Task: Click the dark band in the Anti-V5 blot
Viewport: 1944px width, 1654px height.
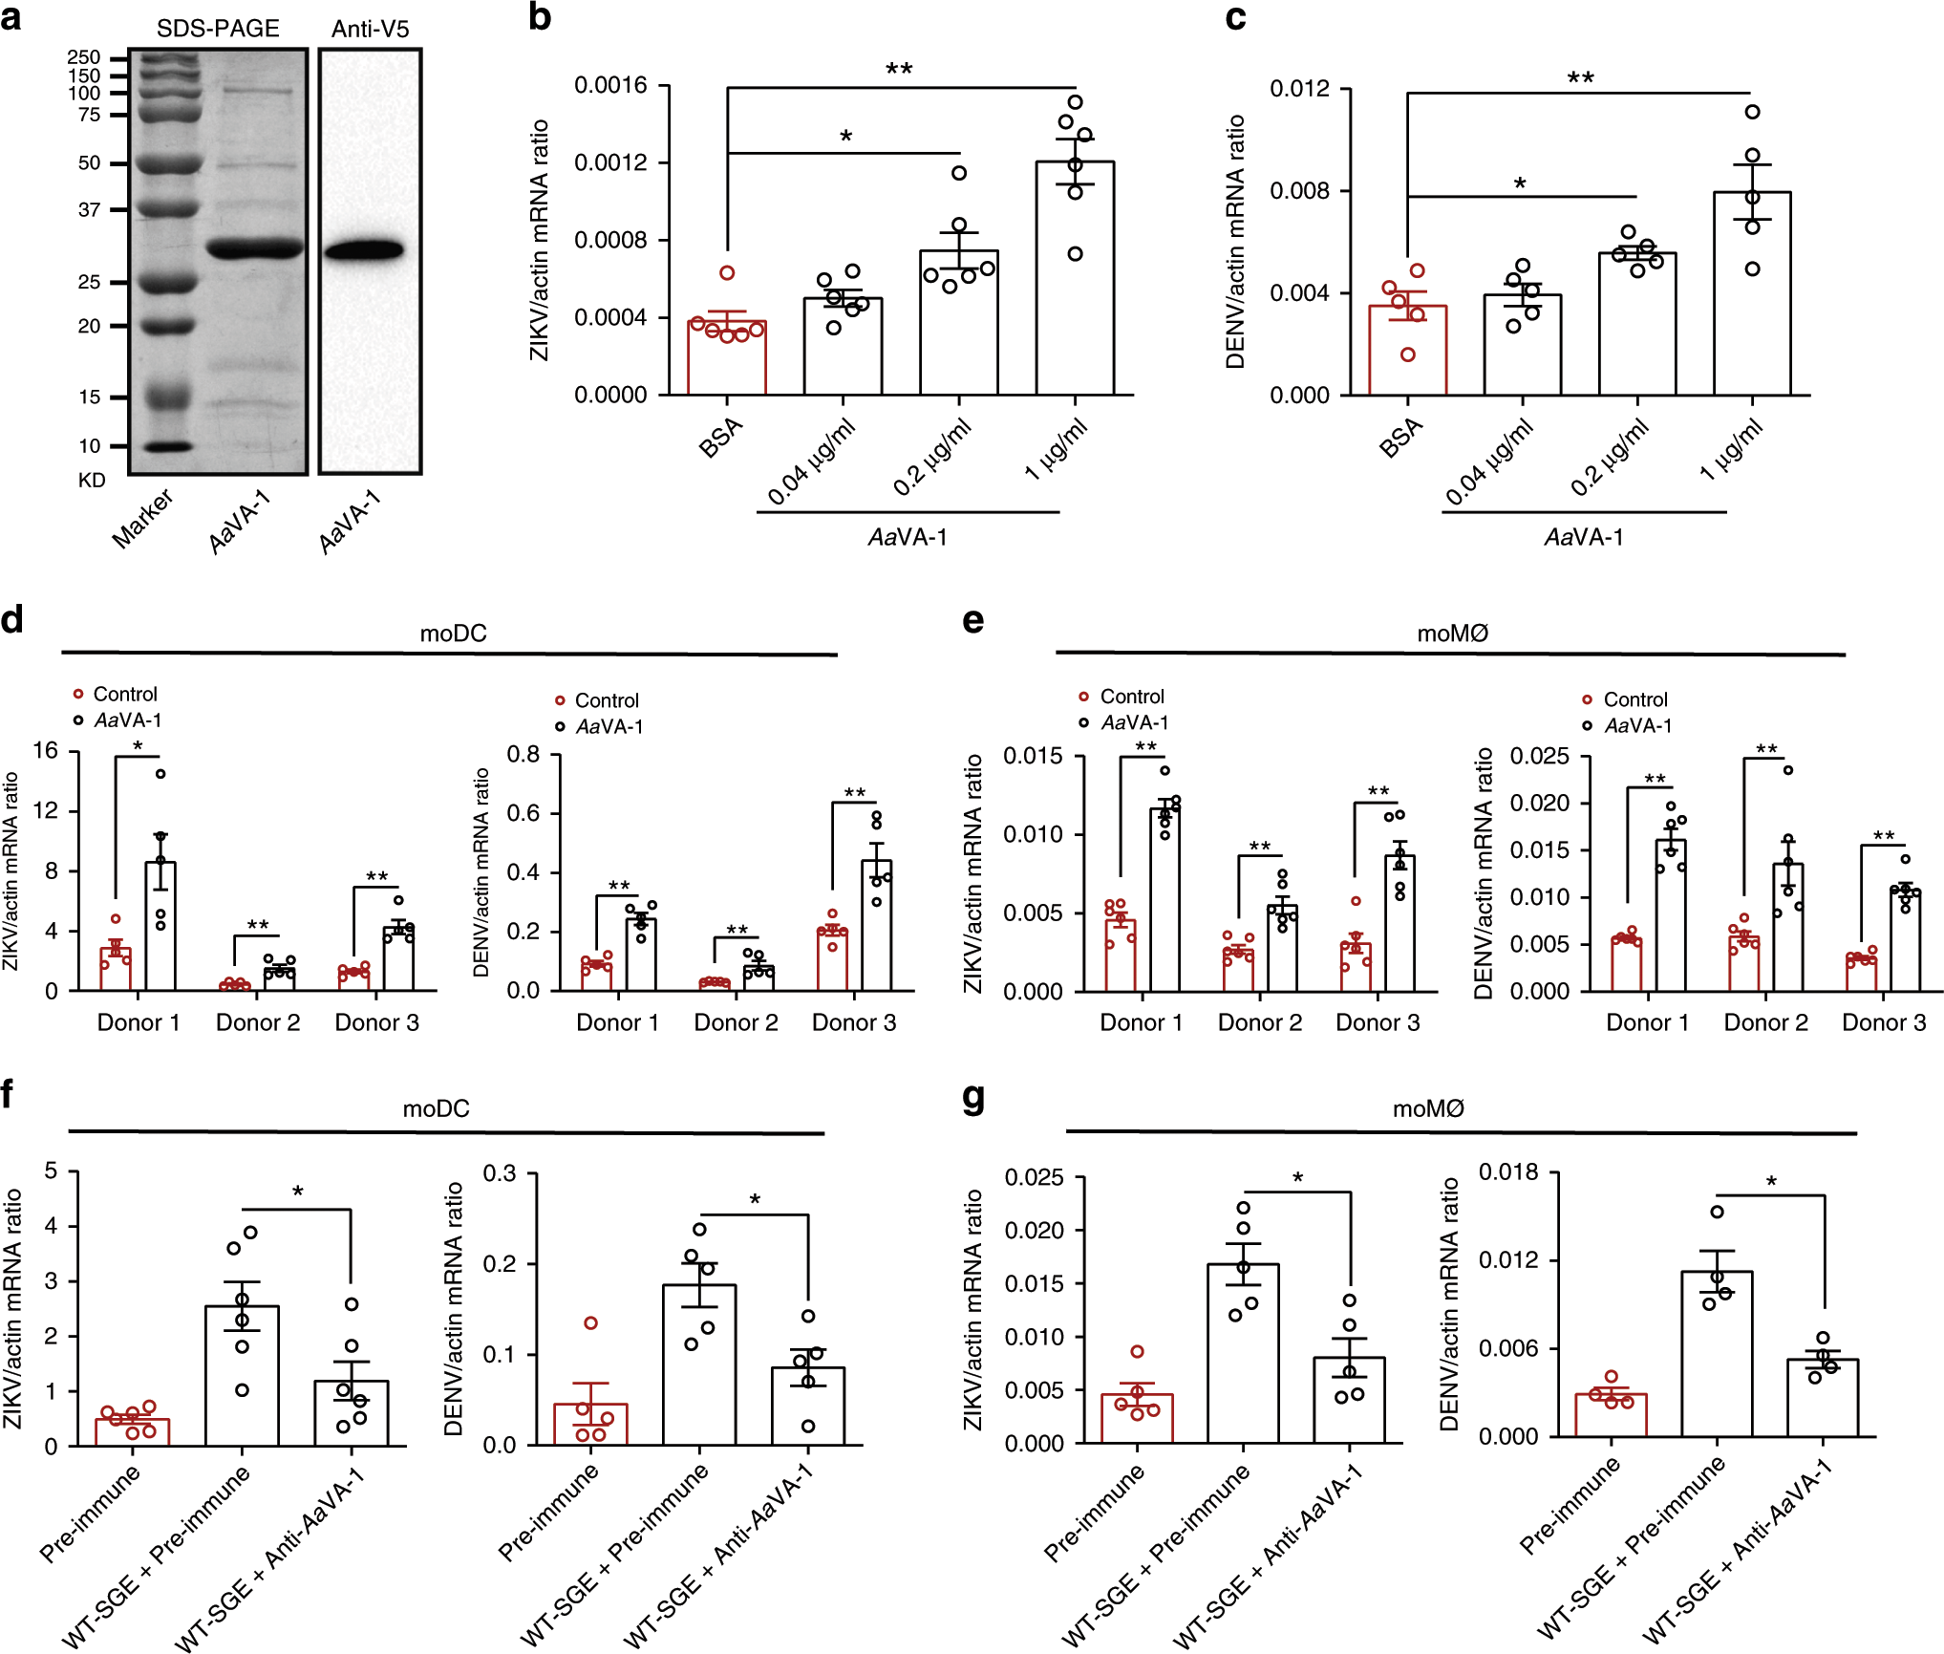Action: [x=363, y=251]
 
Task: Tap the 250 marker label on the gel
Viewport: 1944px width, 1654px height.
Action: [x=84, y=57]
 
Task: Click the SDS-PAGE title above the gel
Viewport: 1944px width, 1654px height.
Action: [x=218, y=29]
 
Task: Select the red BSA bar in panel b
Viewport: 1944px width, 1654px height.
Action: [x=726, y=357]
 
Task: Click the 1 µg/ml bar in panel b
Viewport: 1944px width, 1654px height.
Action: [x=1075, y=278]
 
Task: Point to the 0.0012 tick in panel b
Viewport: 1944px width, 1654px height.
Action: [x=610, y=162]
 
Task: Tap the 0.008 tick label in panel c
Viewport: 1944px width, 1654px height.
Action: [x=1299, y=191]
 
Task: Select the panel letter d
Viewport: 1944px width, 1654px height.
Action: [x=12, y=620]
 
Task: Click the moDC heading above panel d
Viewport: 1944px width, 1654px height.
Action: [x=453, y=634]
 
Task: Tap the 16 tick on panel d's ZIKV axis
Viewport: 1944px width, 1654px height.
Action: [x=45, y=751]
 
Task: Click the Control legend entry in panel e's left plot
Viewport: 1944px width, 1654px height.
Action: [x=1131, y=697]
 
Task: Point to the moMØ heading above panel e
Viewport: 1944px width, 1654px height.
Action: [x=1452, y=634]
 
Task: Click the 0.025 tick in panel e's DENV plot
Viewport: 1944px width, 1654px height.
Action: [x=1539, y=757]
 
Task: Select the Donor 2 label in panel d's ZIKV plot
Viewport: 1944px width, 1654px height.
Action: [x=258, y=1022]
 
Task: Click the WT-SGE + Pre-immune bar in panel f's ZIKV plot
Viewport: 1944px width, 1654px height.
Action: [x=242, y=1375]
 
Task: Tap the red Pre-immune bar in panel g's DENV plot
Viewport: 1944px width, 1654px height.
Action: [x=1611, y=1414]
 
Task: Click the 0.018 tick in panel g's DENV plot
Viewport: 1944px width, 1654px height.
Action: [x=1508, y=1172]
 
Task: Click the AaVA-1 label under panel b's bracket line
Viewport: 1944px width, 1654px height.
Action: [x=908, y=538]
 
